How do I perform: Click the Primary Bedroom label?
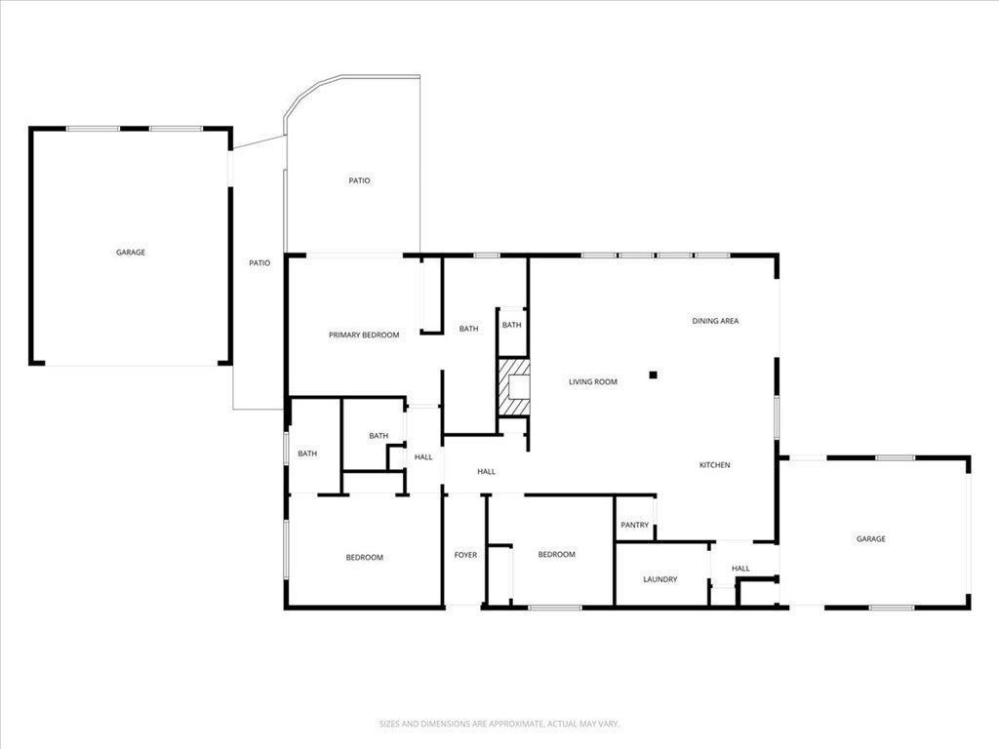click(x=364, y=335)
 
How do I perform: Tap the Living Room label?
click(x=593, y=382)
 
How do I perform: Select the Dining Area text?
click(x=715, y=321)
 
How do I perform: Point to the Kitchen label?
click(x=714, y=465)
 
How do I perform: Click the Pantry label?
click(x=634, y=526)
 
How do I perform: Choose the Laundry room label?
click(x=660, y=580)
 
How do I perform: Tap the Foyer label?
click(x=465, y=556)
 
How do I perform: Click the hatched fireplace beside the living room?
click(x=514, y=387)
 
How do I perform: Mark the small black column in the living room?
click(x=655, y=374)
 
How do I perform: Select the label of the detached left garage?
click(x=131, y=253)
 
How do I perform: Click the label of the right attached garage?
click(x=871, y=539)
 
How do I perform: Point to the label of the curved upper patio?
click(x=360, y=180)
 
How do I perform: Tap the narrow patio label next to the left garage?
click(x=260, y=263)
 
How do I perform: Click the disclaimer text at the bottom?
click(x=499, y=724)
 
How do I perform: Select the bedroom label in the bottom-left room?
click(x=364, y=558)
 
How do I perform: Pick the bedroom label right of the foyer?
click(x=557, y=555)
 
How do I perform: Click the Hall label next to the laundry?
click(x=740, y=569)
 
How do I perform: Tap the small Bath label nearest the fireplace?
click(x=512, y=326)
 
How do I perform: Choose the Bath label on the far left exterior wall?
click(x=307, y=453)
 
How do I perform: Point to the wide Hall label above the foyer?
click(x=486, y=472)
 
